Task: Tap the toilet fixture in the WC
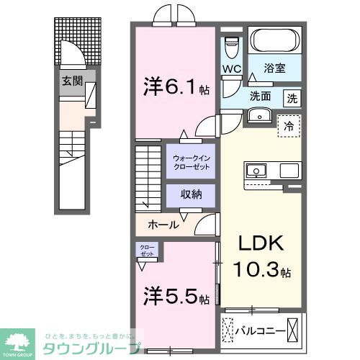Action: pyautogui.click(x=231, y=47)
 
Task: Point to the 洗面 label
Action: pyautogui.click(x=261, y=96)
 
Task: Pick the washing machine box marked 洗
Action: pyautogui.click(x=293, y=97)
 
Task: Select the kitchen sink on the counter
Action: pyautogui.click(x=256, y=171)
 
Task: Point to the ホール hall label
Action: pyautogui.click(x=163, y=225)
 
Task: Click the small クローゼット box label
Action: pyautogui.click(x=147, y=251)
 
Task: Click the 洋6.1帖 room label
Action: pyautogui.click(x=175, y=89)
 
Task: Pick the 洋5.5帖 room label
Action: pyautogui.click(x=175, y=297)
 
